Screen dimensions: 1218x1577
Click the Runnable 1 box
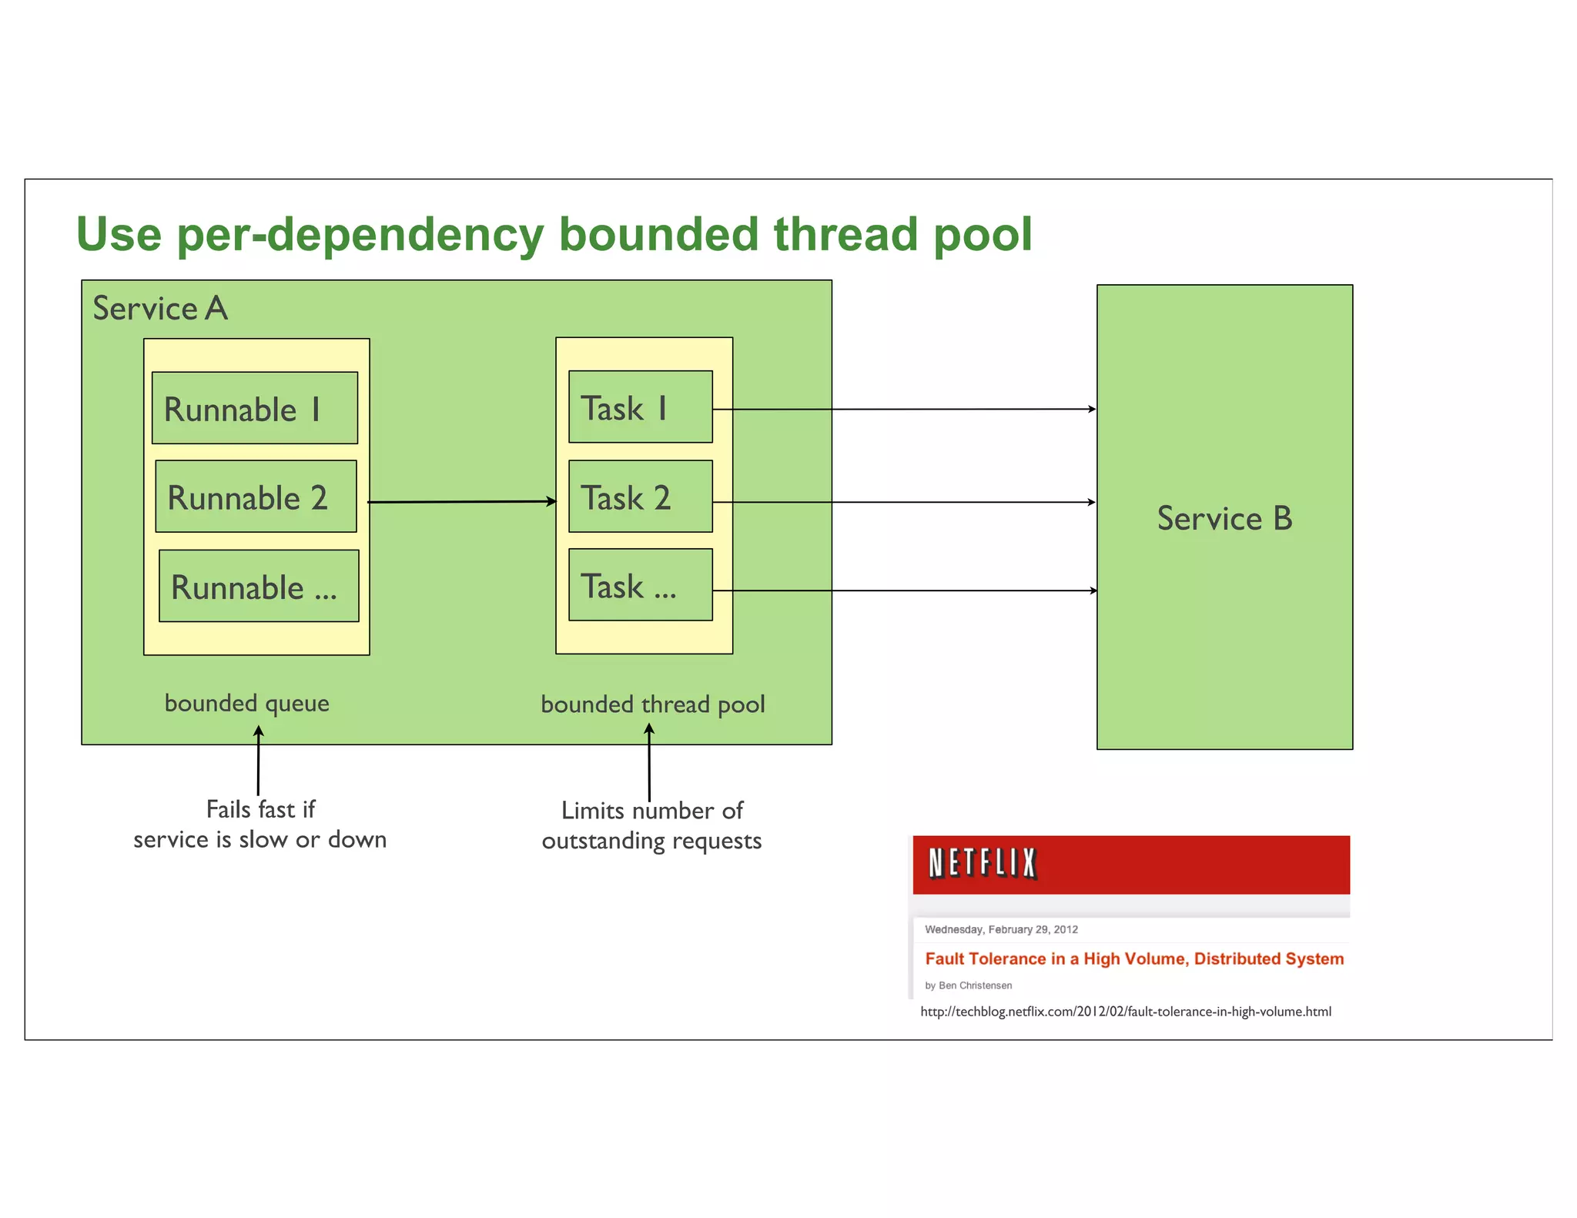tap(255, 408)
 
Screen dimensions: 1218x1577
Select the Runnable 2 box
tap(256, 497)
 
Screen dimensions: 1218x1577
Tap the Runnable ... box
tap(259, 586)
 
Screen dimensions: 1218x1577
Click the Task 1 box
tap(640, 407)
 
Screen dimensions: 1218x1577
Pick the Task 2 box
tap(640, 497)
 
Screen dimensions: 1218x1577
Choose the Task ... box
tap(640, 585)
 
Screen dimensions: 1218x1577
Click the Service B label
tap(1224, 518)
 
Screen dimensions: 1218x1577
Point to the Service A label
tap(160, 308)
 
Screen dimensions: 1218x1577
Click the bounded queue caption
tap(246, 703)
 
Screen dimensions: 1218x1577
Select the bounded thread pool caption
tap(652, 704)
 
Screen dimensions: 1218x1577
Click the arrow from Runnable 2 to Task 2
tap(462, 502)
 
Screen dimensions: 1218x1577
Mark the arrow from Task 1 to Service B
tap(905, 410)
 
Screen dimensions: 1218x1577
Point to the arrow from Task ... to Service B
tap(905, 591)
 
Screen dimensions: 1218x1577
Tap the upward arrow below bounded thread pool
tap(649, 762)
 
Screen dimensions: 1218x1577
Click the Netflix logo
tap(983, 863)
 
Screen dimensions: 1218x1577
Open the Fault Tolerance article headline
tap(1133, 959)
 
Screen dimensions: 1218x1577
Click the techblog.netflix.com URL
tap(1125, 1012)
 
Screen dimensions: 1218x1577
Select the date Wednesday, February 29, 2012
tap(1001, 929)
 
